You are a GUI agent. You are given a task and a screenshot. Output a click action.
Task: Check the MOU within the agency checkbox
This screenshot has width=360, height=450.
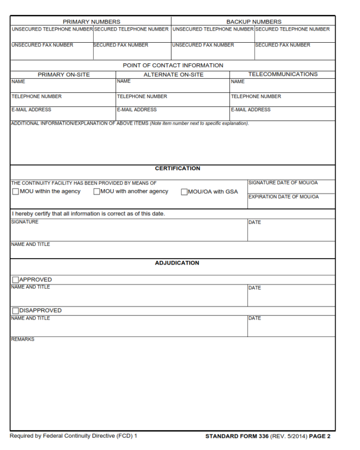coord(15,191)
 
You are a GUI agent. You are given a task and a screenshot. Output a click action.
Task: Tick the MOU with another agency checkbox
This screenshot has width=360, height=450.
coord(97,191)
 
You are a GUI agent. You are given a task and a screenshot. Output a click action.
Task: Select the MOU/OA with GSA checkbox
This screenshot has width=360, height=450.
coord(184,192)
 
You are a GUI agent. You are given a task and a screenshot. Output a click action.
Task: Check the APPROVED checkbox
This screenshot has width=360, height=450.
coord(15,280)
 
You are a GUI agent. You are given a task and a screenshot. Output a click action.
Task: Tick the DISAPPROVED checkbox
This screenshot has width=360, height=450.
coord(15,311)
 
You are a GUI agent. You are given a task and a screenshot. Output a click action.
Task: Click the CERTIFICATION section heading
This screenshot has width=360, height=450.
coord(177,168)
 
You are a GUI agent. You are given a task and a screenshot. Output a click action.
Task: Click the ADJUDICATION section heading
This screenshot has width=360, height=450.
coord(177,263)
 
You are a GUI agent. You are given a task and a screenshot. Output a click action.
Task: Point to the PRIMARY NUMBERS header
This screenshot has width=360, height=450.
coord(91,22)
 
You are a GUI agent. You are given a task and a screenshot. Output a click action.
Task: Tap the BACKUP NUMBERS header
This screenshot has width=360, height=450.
coord(254,22)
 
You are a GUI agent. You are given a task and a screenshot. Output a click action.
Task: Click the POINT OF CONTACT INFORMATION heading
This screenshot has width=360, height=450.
coord(173,65)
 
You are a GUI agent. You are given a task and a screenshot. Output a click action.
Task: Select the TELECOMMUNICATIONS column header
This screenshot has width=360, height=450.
coord(283,74)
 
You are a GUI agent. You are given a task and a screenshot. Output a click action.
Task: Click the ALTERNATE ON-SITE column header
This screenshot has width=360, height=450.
coord(173,75)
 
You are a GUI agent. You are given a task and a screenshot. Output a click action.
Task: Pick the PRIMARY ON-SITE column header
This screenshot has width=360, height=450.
coord(64,75)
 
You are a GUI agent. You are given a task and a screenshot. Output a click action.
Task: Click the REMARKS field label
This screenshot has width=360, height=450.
coord(22,339)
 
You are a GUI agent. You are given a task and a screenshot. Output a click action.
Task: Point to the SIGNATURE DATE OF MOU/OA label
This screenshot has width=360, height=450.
coord(283,183)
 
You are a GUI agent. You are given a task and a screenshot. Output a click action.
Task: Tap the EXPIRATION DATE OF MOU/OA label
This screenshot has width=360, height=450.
coord(283,197)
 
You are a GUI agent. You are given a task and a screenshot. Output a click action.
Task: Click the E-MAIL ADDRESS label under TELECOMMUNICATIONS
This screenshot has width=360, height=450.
coord(250,110)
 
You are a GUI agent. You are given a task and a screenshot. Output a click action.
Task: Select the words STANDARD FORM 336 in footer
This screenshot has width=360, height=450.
coord(237,436)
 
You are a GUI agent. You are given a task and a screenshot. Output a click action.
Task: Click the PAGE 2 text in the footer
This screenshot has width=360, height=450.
coord(320,436)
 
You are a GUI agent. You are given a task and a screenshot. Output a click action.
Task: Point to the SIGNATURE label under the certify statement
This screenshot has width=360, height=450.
coord(24,222)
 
